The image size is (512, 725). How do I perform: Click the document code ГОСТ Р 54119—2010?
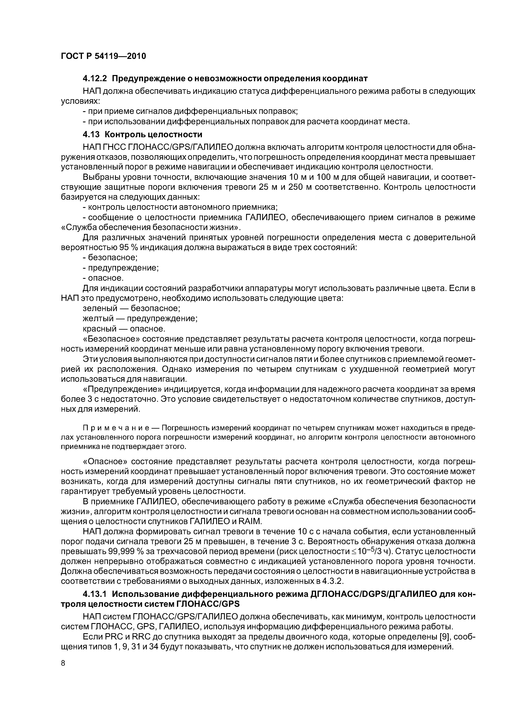[x=103, y=56]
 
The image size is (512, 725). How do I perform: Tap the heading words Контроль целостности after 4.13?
[x=153, y=135]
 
